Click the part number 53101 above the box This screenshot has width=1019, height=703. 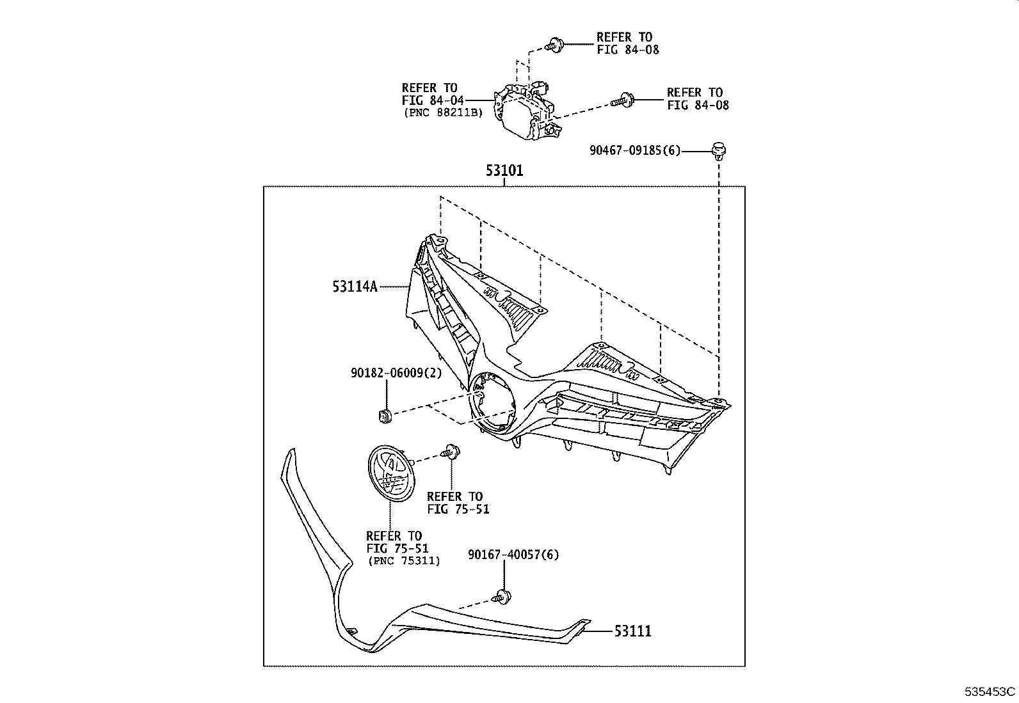[504, 171]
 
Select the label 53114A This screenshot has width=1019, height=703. [355, 287]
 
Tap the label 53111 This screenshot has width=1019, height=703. [632, 631]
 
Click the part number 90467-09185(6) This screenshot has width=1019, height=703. [635, 151]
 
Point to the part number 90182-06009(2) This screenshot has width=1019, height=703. [396, 373]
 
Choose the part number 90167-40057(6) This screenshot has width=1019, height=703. [513, 555]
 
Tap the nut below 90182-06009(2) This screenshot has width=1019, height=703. [384, 416]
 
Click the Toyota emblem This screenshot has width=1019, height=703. [390, 472]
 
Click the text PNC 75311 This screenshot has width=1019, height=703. [404, 561]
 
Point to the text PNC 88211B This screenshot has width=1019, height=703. [443, 113]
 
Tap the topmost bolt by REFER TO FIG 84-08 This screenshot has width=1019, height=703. [554, 44]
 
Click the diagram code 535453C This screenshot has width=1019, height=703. [990, 691]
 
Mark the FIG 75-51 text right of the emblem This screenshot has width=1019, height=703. [458, 510]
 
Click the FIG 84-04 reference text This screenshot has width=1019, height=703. [432, 100]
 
